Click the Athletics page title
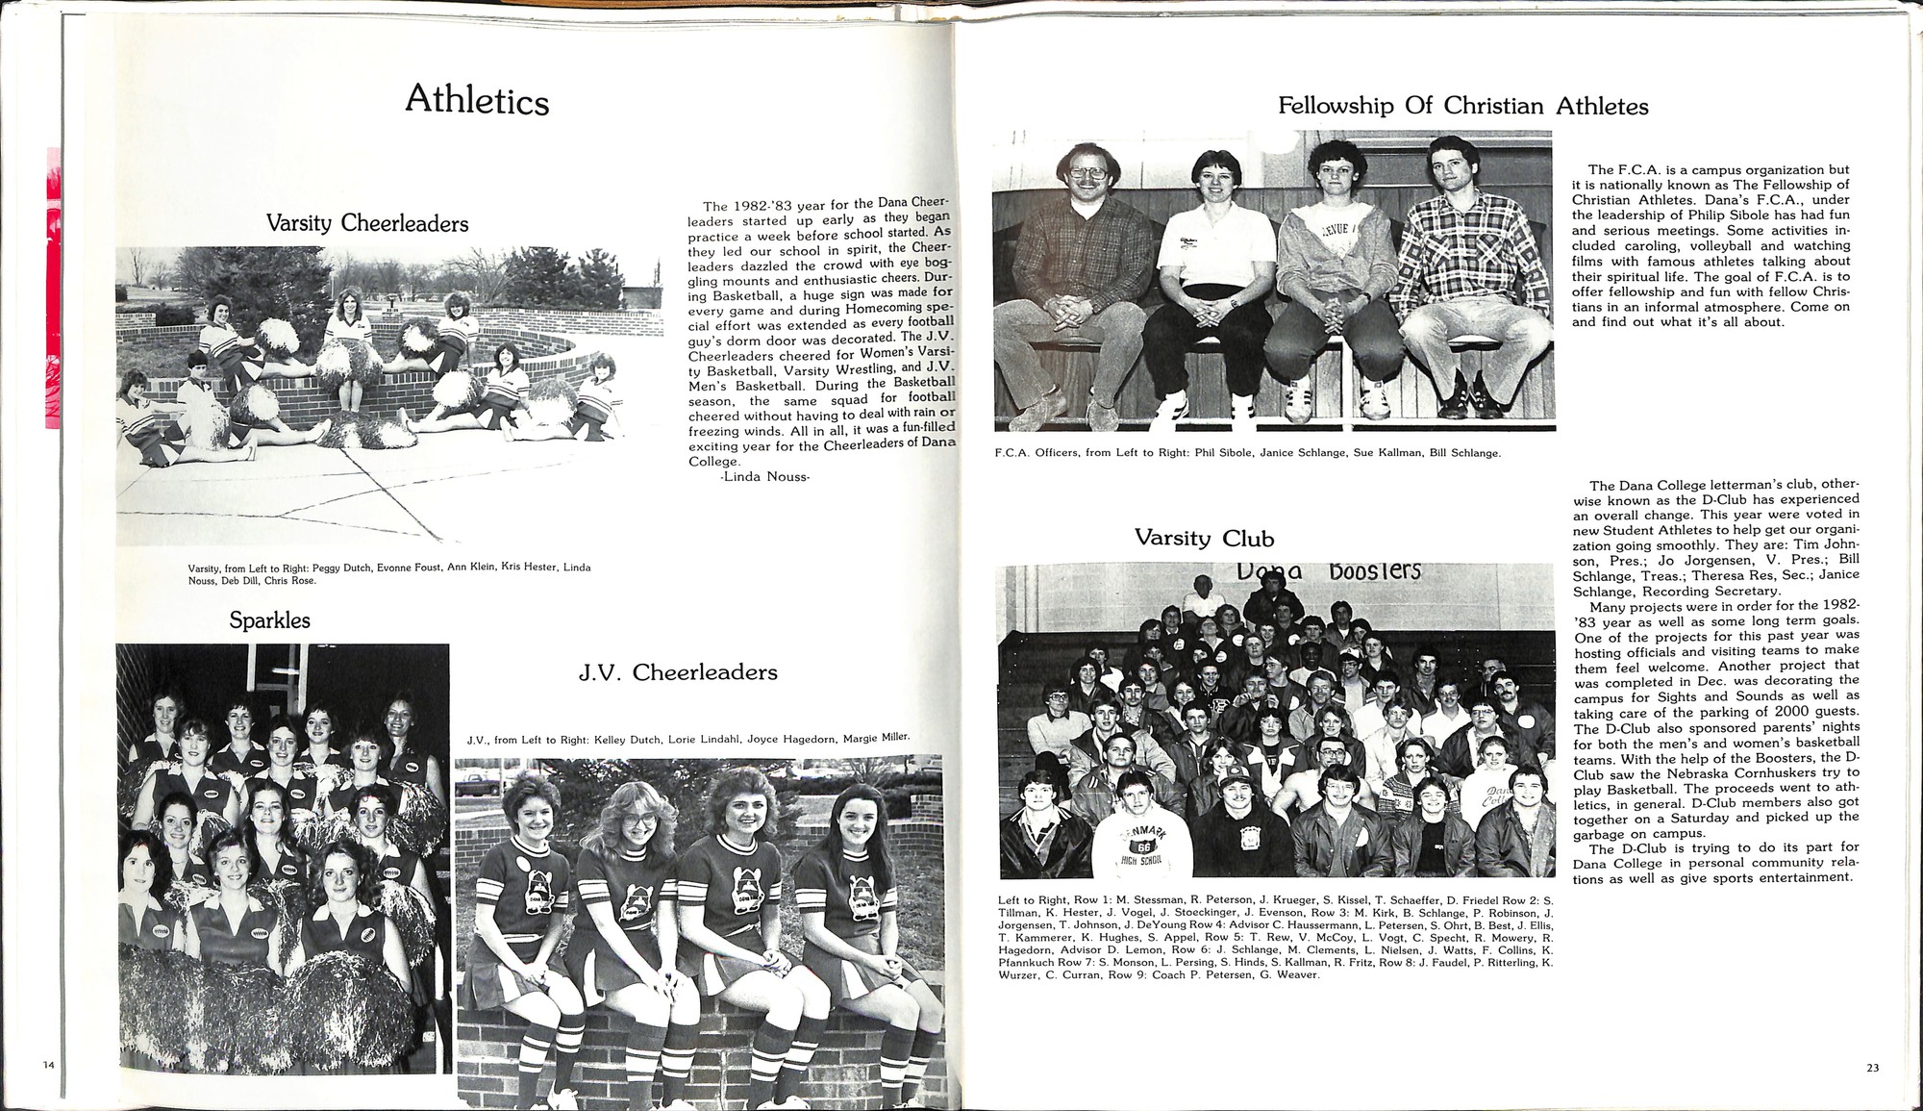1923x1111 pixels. [x=477, y=101]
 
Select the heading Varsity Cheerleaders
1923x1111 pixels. [x=367, y=224]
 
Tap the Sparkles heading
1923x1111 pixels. [x=269, y=620]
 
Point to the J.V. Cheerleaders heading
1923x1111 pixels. [x=678, y=671]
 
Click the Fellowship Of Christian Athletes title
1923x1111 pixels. [x=1462, y=106]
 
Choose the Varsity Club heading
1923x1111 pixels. [x=1204, y=538]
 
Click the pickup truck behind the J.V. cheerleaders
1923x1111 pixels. [x=479, y=784]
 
